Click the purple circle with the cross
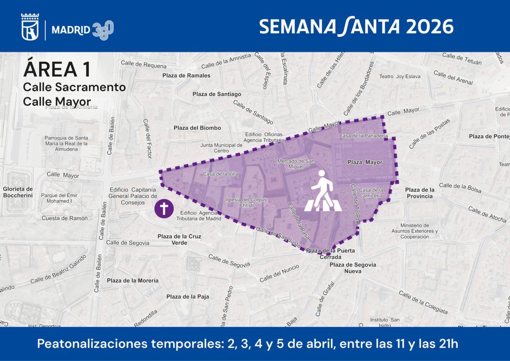163,209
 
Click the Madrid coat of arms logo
30,27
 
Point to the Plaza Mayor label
365,162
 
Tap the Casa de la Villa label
220,174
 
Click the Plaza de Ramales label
186,76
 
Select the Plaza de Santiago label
217,94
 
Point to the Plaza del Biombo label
197,128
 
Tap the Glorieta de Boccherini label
18,192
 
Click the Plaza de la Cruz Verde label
179,239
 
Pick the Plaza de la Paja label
187,297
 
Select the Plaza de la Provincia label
419,193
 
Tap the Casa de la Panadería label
363,136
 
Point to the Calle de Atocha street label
487,214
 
